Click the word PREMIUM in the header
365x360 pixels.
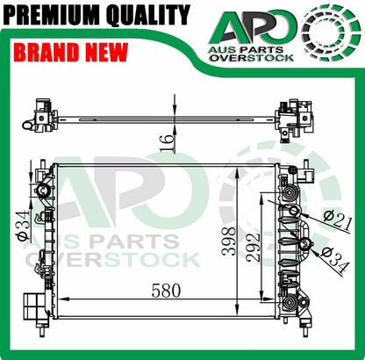[x=54, y=14]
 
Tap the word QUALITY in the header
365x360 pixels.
[x=148, y=14]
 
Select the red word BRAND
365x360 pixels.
[x=47, y=53]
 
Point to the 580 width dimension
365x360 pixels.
[x=166, y=291]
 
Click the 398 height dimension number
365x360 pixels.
[x=228, y=241]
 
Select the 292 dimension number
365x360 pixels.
[x=253, y=248]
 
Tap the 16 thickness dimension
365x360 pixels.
[x=168, y=143]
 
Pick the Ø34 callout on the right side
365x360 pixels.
[x=335, y=259]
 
